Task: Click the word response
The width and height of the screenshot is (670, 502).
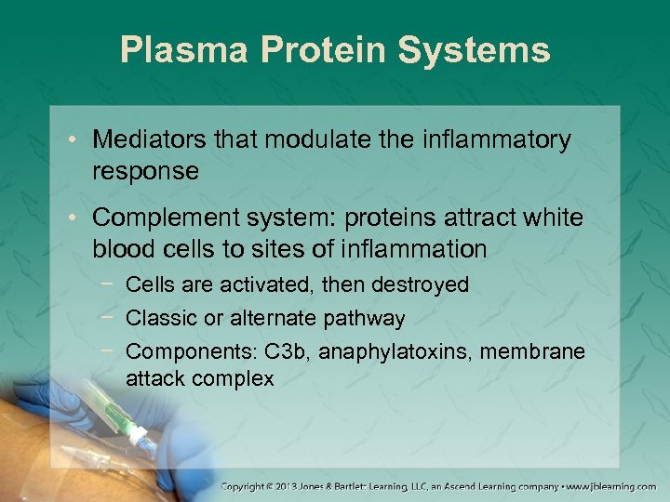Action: click(x=145, y=171)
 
